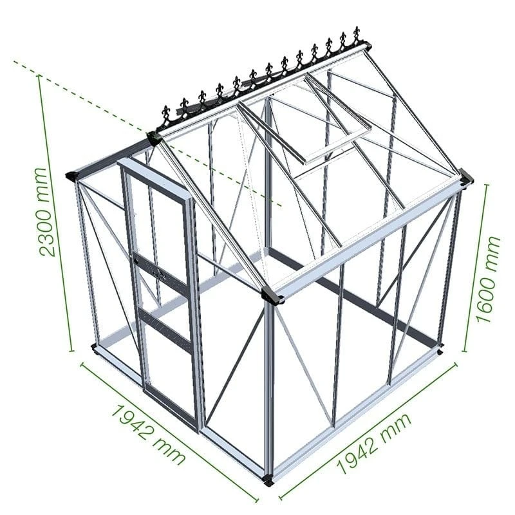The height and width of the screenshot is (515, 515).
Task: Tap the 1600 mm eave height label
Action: pos(490,278)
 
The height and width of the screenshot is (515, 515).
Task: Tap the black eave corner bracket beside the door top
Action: pos(75,175)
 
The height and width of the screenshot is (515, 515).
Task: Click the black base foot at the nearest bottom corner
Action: pos(269,480)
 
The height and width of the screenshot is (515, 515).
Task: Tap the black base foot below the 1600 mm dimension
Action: pos(440,351)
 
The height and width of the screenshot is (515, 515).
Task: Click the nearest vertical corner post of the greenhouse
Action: pos(269,386)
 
